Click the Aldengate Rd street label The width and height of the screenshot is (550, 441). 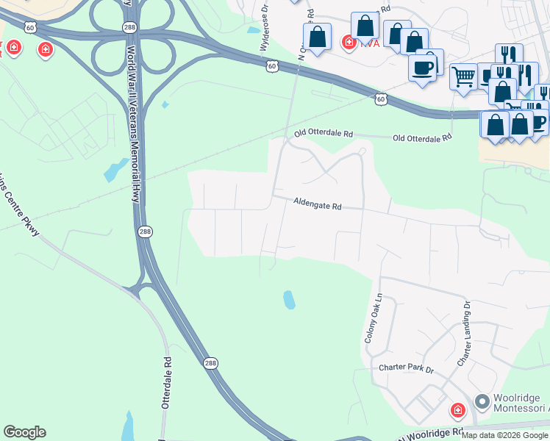pyautogui.click(x=318, y=204)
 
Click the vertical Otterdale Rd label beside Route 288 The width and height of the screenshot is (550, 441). pyautogui.click(x=167, y=383)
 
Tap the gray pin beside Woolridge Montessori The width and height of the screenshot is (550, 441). pyautogui.click(x=482, y=402)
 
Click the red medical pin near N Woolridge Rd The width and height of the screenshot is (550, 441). pyautogui.click(x=457, y=410)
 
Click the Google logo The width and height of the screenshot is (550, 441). pyautogui.click(x=24, y=432)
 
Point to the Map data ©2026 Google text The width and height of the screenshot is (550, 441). pyautogui.click(x=504, y=435)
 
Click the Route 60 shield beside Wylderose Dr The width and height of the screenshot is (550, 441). pyautogui.click(x=272, y=67)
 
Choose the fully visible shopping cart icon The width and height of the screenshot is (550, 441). pyautogui.click(x=463, y=76)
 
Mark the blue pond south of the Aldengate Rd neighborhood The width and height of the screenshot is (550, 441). pyautogui.click(x=290, y=300)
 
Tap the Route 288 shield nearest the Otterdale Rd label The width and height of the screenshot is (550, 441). pyautogui.click(x=211, y=364)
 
